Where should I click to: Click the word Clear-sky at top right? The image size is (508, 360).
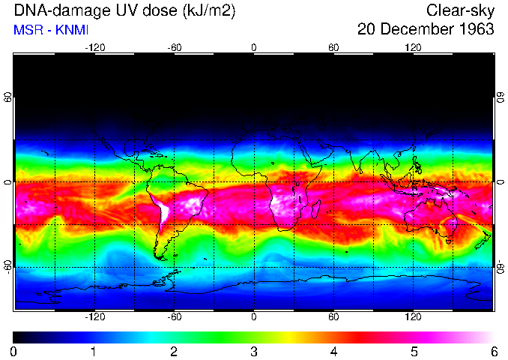click(460, 10)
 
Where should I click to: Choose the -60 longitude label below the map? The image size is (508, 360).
click(174, 317)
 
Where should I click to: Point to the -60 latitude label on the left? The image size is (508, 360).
click(9, 267)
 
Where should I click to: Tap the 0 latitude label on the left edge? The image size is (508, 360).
click(9, 182)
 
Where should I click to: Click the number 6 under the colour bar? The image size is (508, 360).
click(493, 351)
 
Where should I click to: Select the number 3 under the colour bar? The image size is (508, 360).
click(253, 351)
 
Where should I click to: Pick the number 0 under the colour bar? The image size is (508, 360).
click(14, 351)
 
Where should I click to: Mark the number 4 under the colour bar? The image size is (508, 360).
click(333, 351)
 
